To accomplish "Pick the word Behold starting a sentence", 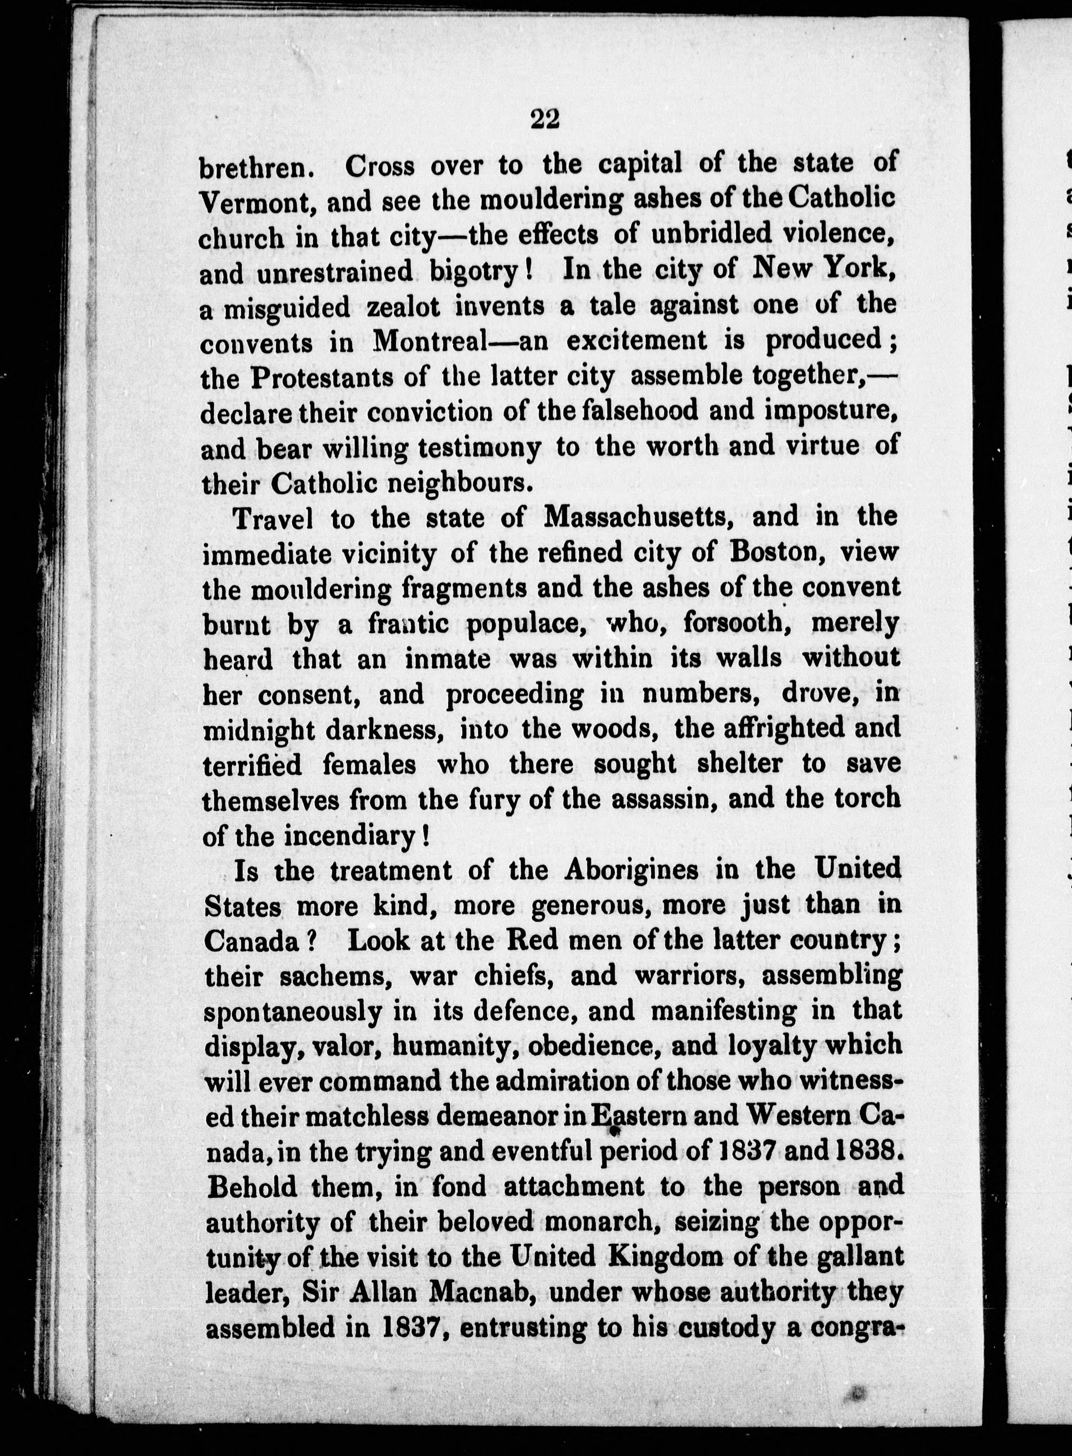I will pos(252,1187).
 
